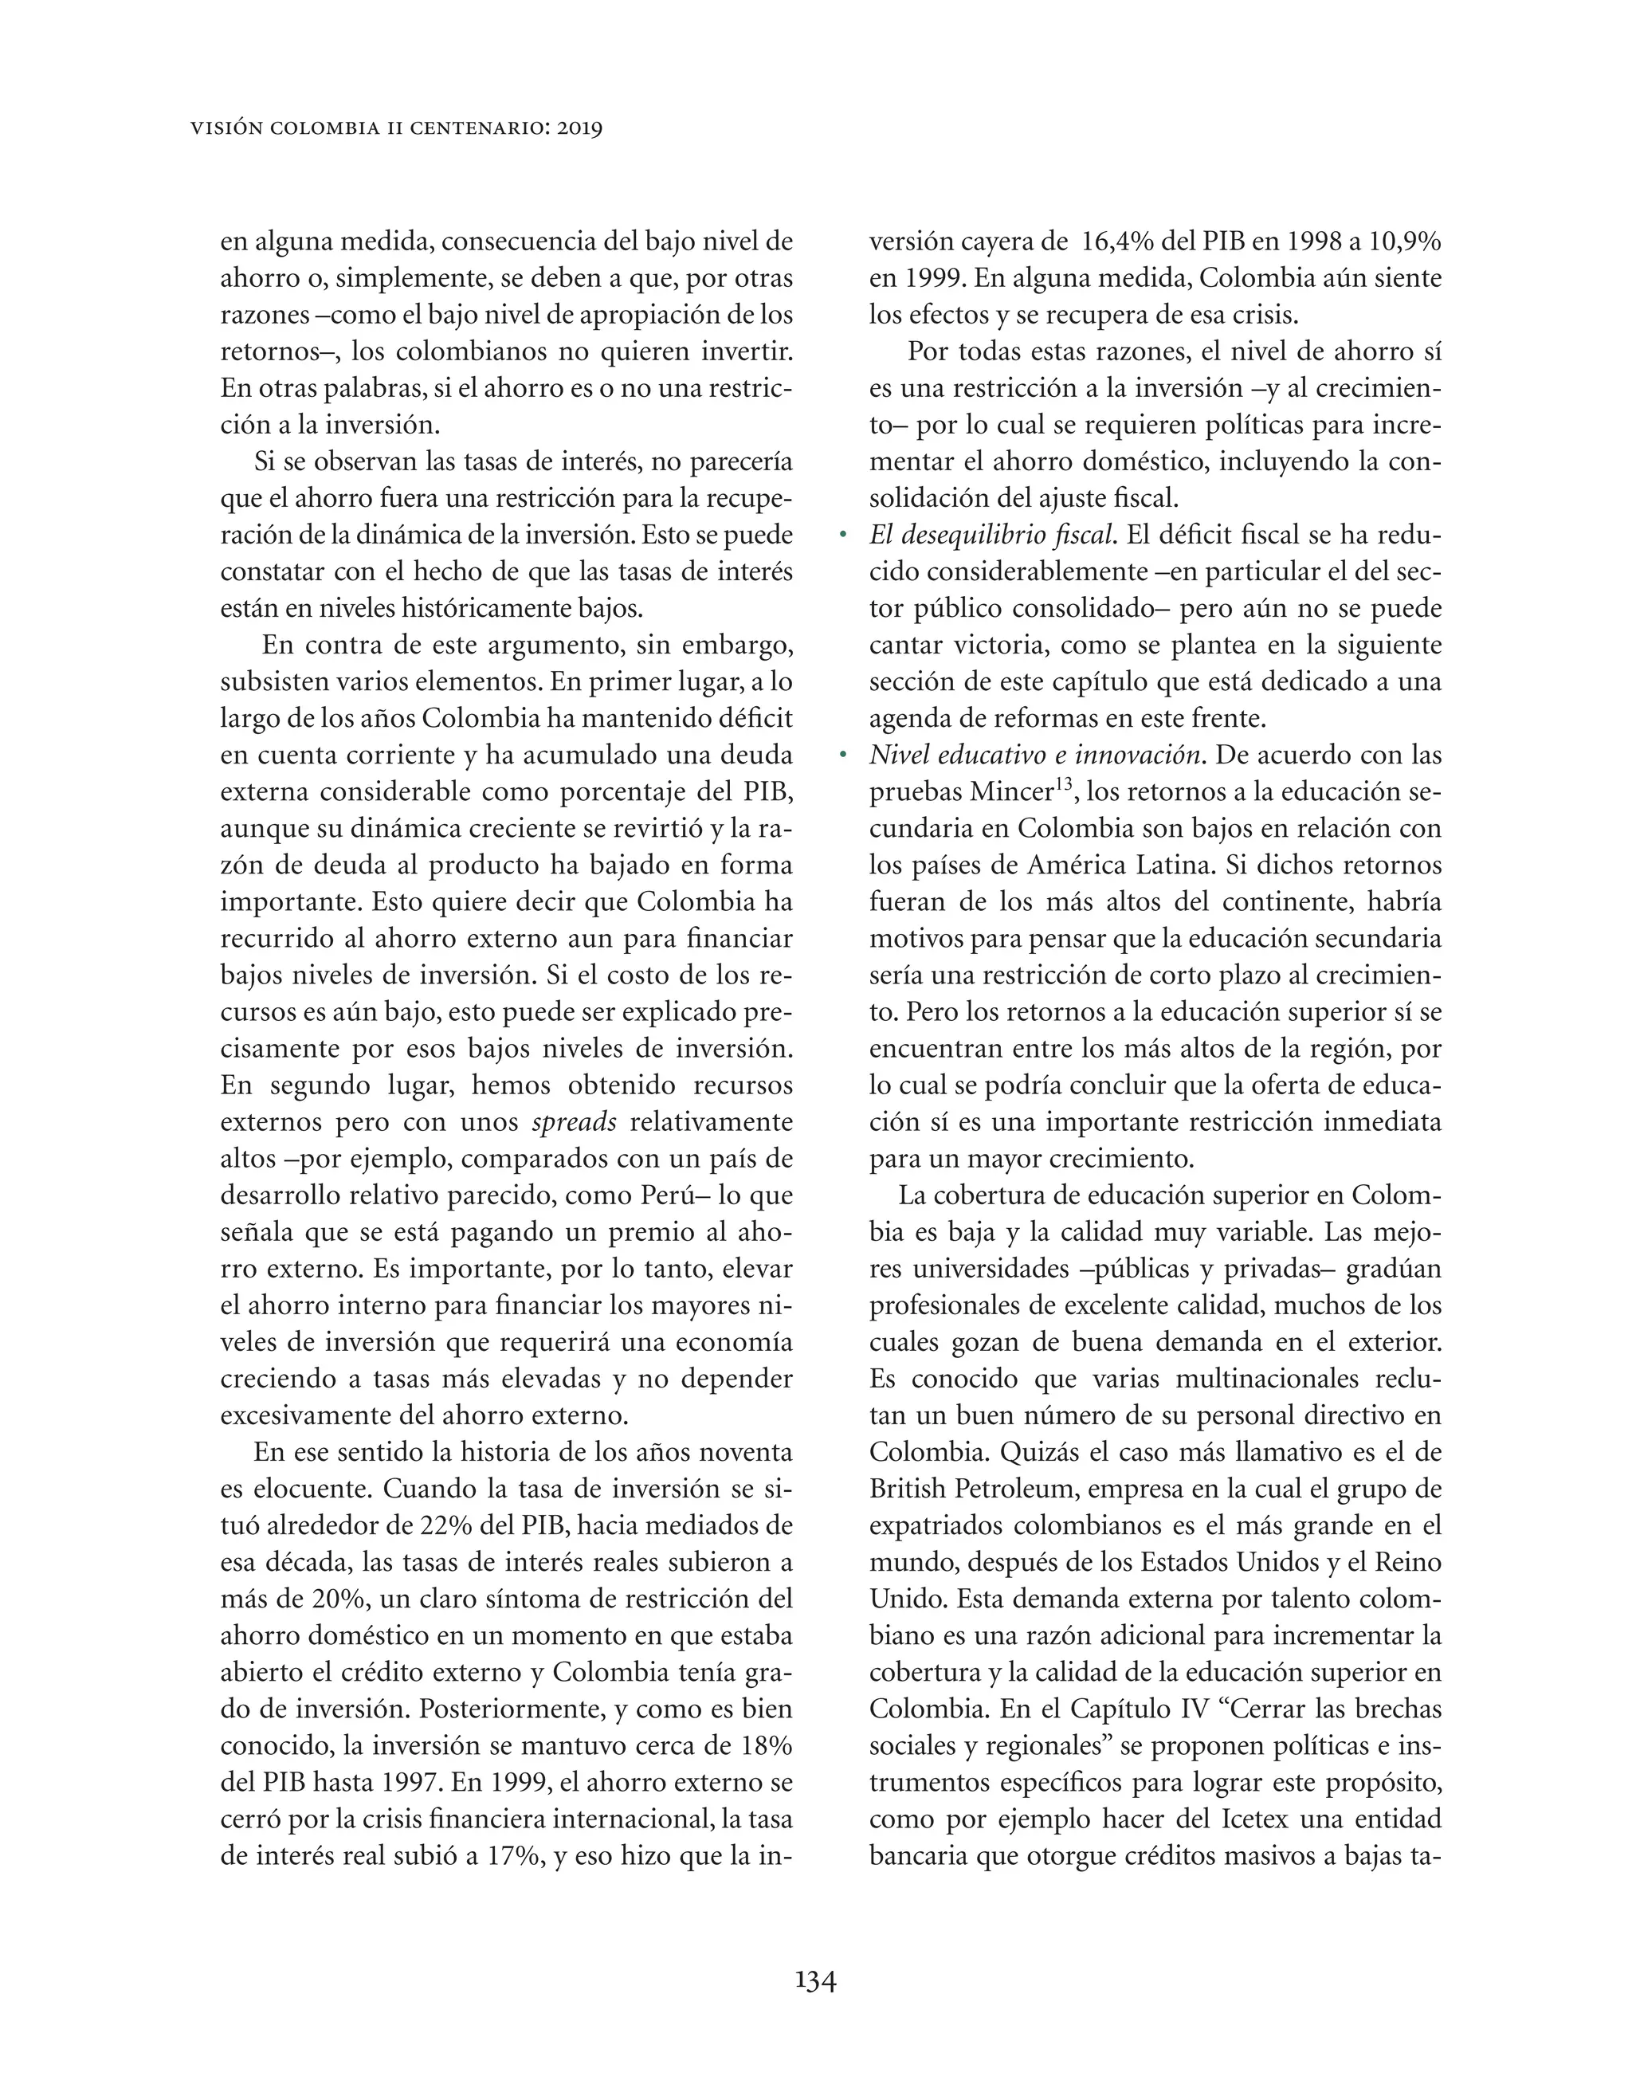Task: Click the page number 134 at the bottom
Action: (815, 1980)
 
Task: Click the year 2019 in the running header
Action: (576, 128)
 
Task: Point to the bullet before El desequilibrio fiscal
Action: (843, 536)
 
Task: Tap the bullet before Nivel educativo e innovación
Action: (843, 756)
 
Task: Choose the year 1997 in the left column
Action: (402, 1782)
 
